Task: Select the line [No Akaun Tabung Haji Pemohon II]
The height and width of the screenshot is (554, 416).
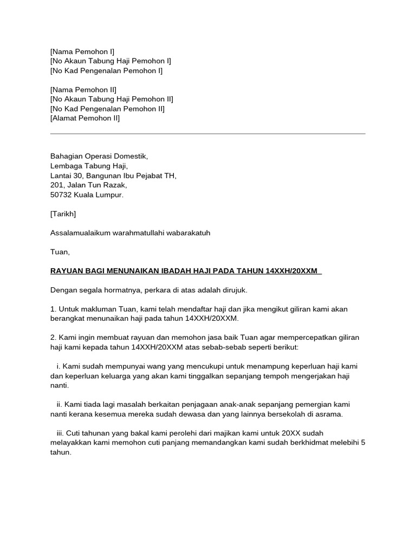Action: pos(112,99)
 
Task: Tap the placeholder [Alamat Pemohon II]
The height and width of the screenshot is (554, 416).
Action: pos(85,118)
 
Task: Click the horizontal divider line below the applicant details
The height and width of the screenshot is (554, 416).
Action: pos(207,133)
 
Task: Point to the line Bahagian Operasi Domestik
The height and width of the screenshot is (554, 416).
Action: pos(99,156)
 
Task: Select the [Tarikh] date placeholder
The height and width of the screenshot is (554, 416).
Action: pos(63,214)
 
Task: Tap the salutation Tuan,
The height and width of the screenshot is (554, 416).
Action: pos(60,252)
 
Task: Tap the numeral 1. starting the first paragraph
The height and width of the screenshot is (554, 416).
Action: pos(53,309)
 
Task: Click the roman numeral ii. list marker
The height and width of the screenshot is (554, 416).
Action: pos(59,405)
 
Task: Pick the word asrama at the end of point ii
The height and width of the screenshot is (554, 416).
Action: pos(329,414)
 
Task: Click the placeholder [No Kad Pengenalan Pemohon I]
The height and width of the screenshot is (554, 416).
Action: pos(106,70)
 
